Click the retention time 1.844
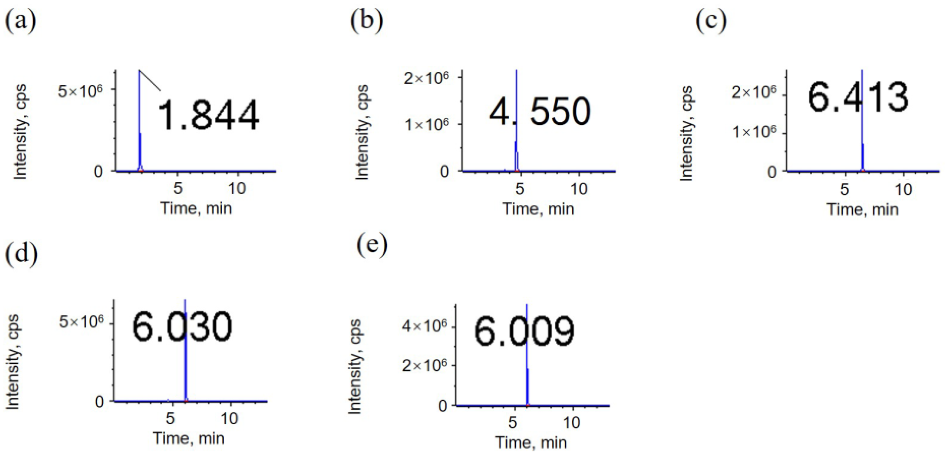(208, 115)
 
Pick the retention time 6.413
(858, 97)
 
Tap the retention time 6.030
(182, 327)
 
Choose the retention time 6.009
(524, 331)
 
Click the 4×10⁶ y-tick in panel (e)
(425, 327)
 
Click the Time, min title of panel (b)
(538, 209)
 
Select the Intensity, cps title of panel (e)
(355, 367)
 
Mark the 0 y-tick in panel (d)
(100, 401)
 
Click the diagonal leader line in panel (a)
(150, 80)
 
